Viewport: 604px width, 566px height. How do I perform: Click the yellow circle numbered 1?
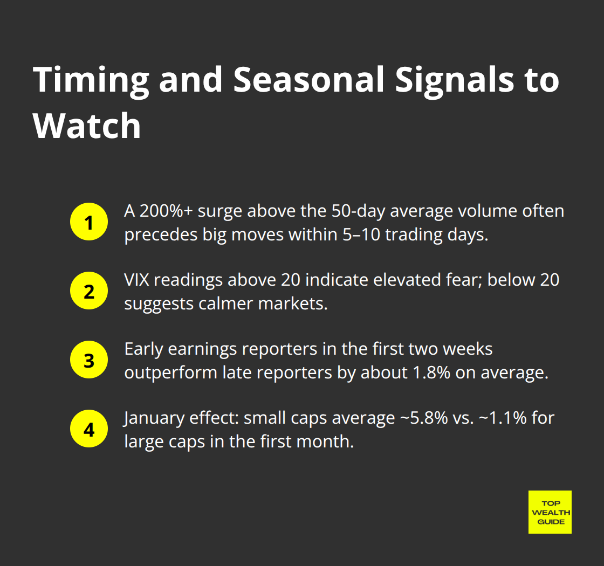[89, 223]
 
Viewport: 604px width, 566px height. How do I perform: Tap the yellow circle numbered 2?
[89, 292]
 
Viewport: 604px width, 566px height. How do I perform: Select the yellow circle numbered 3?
[89, 361]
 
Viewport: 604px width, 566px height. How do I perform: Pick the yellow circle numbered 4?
[89, 430]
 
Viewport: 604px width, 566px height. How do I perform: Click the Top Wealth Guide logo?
[550, 512]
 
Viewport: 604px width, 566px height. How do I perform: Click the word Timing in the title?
[91, 79]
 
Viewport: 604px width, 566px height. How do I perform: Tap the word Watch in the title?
[87, 126]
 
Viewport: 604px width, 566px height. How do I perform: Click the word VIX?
[137, 280]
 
